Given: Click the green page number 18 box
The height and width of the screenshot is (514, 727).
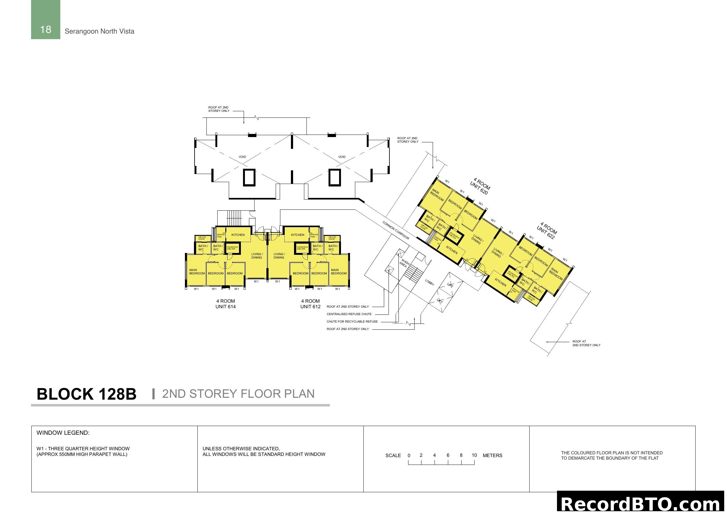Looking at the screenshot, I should point(46,20).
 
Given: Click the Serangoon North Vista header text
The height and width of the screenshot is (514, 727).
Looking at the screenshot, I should point(99,31).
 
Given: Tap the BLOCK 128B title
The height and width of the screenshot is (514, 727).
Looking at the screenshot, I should point(86,394).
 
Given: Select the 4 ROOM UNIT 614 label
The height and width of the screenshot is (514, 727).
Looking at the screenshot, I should point(225,304).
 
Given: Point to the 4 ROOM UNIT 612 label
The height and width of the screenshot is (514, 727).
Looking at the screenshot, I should point(310,304).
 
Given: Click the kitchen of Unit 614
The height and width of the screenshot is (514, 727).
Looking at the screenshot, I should point(238,235).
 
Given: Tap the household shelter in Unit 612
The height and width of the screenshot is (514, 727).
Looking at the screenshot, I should point(302,248).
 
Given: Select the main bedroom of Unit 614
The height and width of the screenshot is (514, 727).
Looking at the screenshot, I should point(197,272).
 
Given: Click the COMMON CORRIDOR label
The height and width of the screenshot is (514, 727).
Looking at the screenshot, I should point(396,230).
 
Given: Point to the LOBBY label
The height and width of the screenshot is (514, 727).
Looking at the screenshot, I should point(429,282).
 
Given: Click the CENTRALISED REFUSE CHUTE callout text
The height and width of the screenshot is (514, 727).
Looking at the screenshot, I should point(349,314).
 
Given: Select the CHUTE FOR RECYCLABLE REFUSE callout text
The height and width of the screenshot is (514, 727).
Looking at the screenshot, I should point(352,322).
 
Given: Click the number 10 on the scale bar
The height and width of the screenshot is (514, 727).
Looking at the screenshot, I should point(474,456).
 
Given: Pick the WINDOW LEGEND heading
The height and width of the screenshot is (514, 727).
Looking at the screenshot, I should point(63,433).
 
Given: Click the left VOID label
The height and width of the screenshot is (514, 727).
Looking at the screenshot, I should point(242,157).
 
